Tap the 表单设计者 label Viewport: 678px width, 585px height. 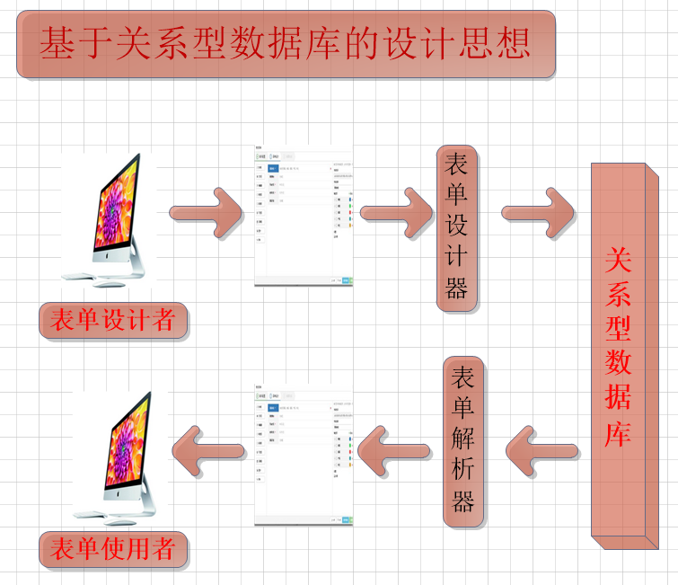coord(113,320)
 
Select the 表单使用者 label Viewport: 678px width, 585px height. coord(113,549)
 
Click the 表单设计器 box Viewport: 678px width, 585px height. coord(456,227)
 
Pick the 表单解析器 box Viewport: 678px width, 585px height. coord(463,440)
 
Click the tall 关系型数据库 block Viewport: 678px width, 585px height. coord(619,350)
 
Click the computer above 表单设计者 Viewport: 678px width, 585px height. coord(118,212)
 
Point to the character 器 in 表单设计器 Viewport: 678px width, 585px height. coord(456,288)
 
